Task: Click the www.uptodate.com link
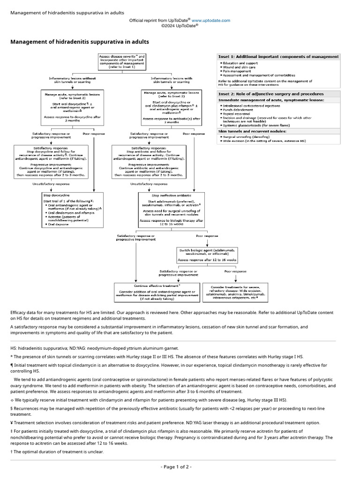click(211, 21)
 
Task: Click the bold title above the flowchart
click(80, 42)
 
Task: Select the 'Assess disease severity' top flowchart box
click(121, 61)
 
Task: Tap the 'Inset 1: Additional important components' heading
click(278, 57)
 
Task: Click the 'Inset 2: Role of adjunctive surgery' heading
click(271, 94)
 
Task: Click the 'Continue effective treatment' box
click(157, 292)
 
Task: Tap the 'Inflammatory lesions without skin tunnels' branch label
click(72, 80)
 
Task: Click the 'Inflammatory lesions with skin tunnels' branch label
click(171, 80)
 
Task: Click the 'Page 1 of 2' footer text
click(176, 467)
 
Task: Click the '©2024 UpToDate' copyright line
click(180, 26)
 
